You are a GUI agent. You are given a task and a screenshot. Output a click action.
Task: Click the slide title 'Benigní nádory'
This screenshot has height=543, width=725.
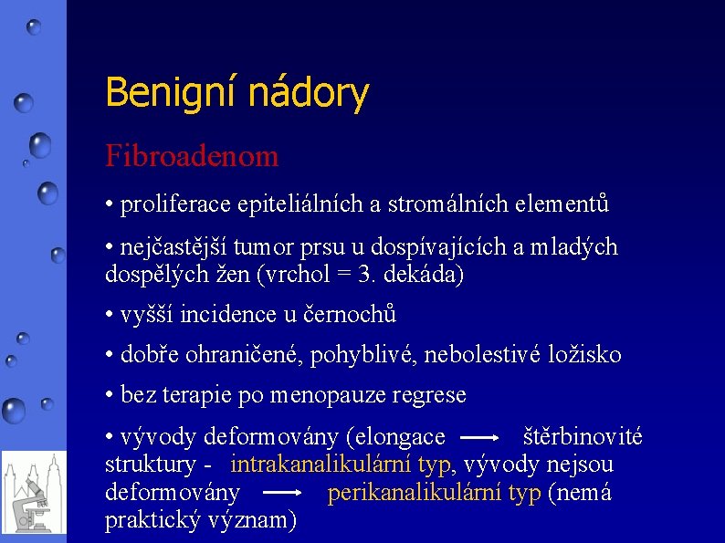[236, 93]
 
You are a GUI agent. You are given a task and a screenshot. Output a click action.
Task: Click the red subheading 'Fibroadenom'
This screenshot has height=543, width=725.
[192, 156]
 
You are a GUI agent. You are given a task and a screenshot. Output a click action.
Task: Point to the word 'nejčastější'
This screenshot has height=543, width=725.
[176, 247]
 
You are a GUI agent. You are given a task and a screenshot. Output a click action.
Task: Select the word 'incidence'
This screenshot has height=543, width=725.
[228, 315]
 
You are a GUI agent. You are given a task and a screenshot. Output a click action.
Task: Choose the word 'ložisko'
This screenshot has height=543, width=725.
[587, 355]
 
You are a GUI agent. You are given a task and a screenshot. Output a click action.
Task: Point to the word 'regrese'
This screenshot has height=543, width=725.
[431, 396]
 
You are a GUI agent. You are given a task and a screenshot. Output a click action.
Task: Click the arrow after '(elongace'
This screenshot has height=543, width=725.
[485, 438]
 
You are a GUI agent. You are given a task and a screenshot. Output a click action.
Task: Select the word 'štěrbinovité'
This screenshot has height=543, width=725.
[582, 437]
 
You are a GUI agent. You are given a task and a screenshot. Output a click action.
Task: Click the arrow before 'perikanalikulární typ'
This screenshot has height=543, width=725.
[282, 493]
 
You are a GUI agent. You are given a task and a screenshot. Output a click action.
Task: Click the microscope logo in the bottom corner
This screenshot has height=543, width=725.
[34, 493]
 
